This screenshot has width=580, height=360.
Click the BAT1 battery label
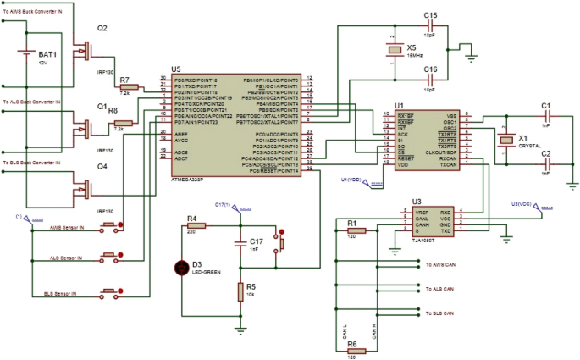[x=47, y=54]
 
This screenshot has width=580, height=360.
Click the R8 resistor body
[x=124, y=124]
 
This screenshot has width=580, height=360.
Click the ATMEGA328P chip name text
[x=185, y=179]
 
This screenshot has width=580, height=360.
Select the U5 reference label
[x=175, y=69]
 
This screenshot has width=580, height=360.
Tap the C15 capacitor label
[x=430, y=15]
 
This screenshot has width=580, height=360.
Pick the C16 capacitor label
[x=430, y=69]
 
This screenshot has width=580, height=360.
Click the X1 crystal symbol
[x=506, y=140]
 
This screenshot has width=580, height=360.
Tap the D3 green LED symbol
[x=180, y=268]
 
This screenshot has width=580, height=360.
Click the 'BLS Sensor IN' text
[x=59, y=294]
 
